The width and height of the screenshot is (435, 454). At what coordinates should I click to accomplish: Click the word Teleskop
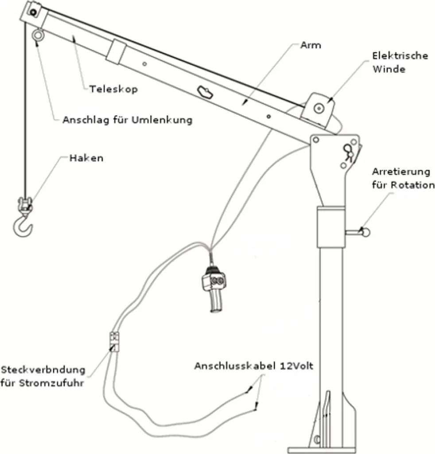coord(113,89)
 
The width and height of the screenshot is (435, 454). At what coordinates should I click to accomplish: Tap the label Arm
coord(310,45)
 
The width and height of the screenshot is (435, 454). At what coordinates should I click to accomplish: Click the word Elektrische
coord(400,56)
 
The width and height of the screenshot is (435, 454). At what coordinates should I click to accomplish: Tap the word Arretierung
coord(401,172)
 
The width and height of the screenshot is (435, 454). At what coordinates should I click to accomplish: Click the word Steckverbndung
coord(43,370)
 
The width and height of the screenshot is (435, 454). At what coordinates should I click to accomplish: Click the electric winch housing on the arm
coord(318,108)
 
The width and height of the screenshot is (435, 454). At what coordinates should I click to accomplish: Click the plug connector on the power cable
coord(114,342)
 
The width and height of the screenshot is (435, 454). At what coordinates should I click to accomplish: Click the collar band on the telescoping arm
coord(116,51)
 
